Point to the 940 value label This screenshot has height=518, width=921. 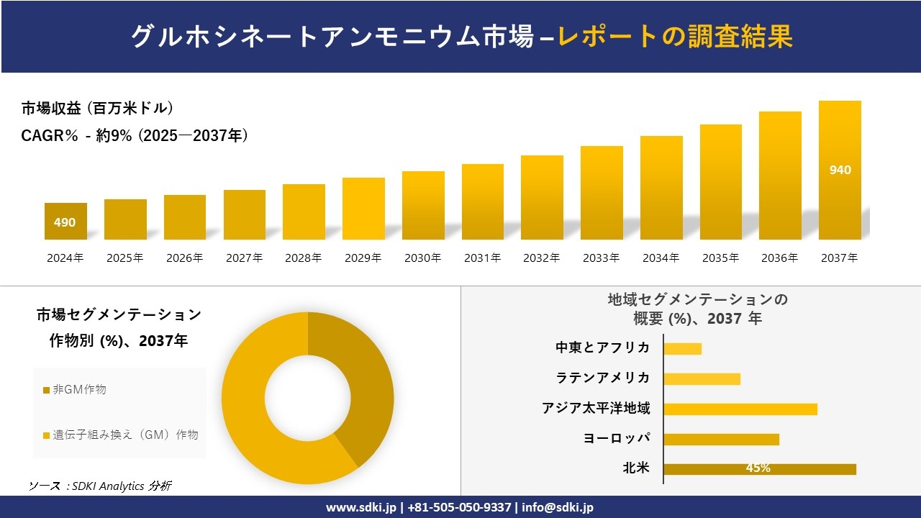click(840, 170)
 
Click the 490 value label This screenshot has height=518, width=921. click(65, 222)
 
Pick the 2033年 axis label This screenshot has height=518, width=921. click(601, 258)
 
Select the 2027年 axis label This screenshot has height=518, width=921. click(244, 258)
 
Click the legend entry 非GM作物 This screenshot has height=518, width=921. click(74, 389)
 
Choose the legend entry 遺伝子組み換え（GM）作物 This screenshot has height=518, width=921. click(120, 435)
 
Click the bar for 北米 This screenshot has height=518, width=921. click(759, 469)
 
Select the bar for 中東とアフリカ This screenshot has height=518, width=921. click(682, 348)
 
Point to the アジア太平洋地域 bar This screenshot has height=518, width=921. click(740, 409)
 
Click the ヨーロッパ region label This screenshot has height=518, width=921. click(617, 438)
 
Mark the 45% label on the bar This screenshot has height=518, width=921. click(758, 468)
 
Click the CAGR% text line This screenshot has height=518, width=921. click(135, 135)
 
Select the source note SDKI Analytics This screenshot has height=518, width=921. click(100, 486)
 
